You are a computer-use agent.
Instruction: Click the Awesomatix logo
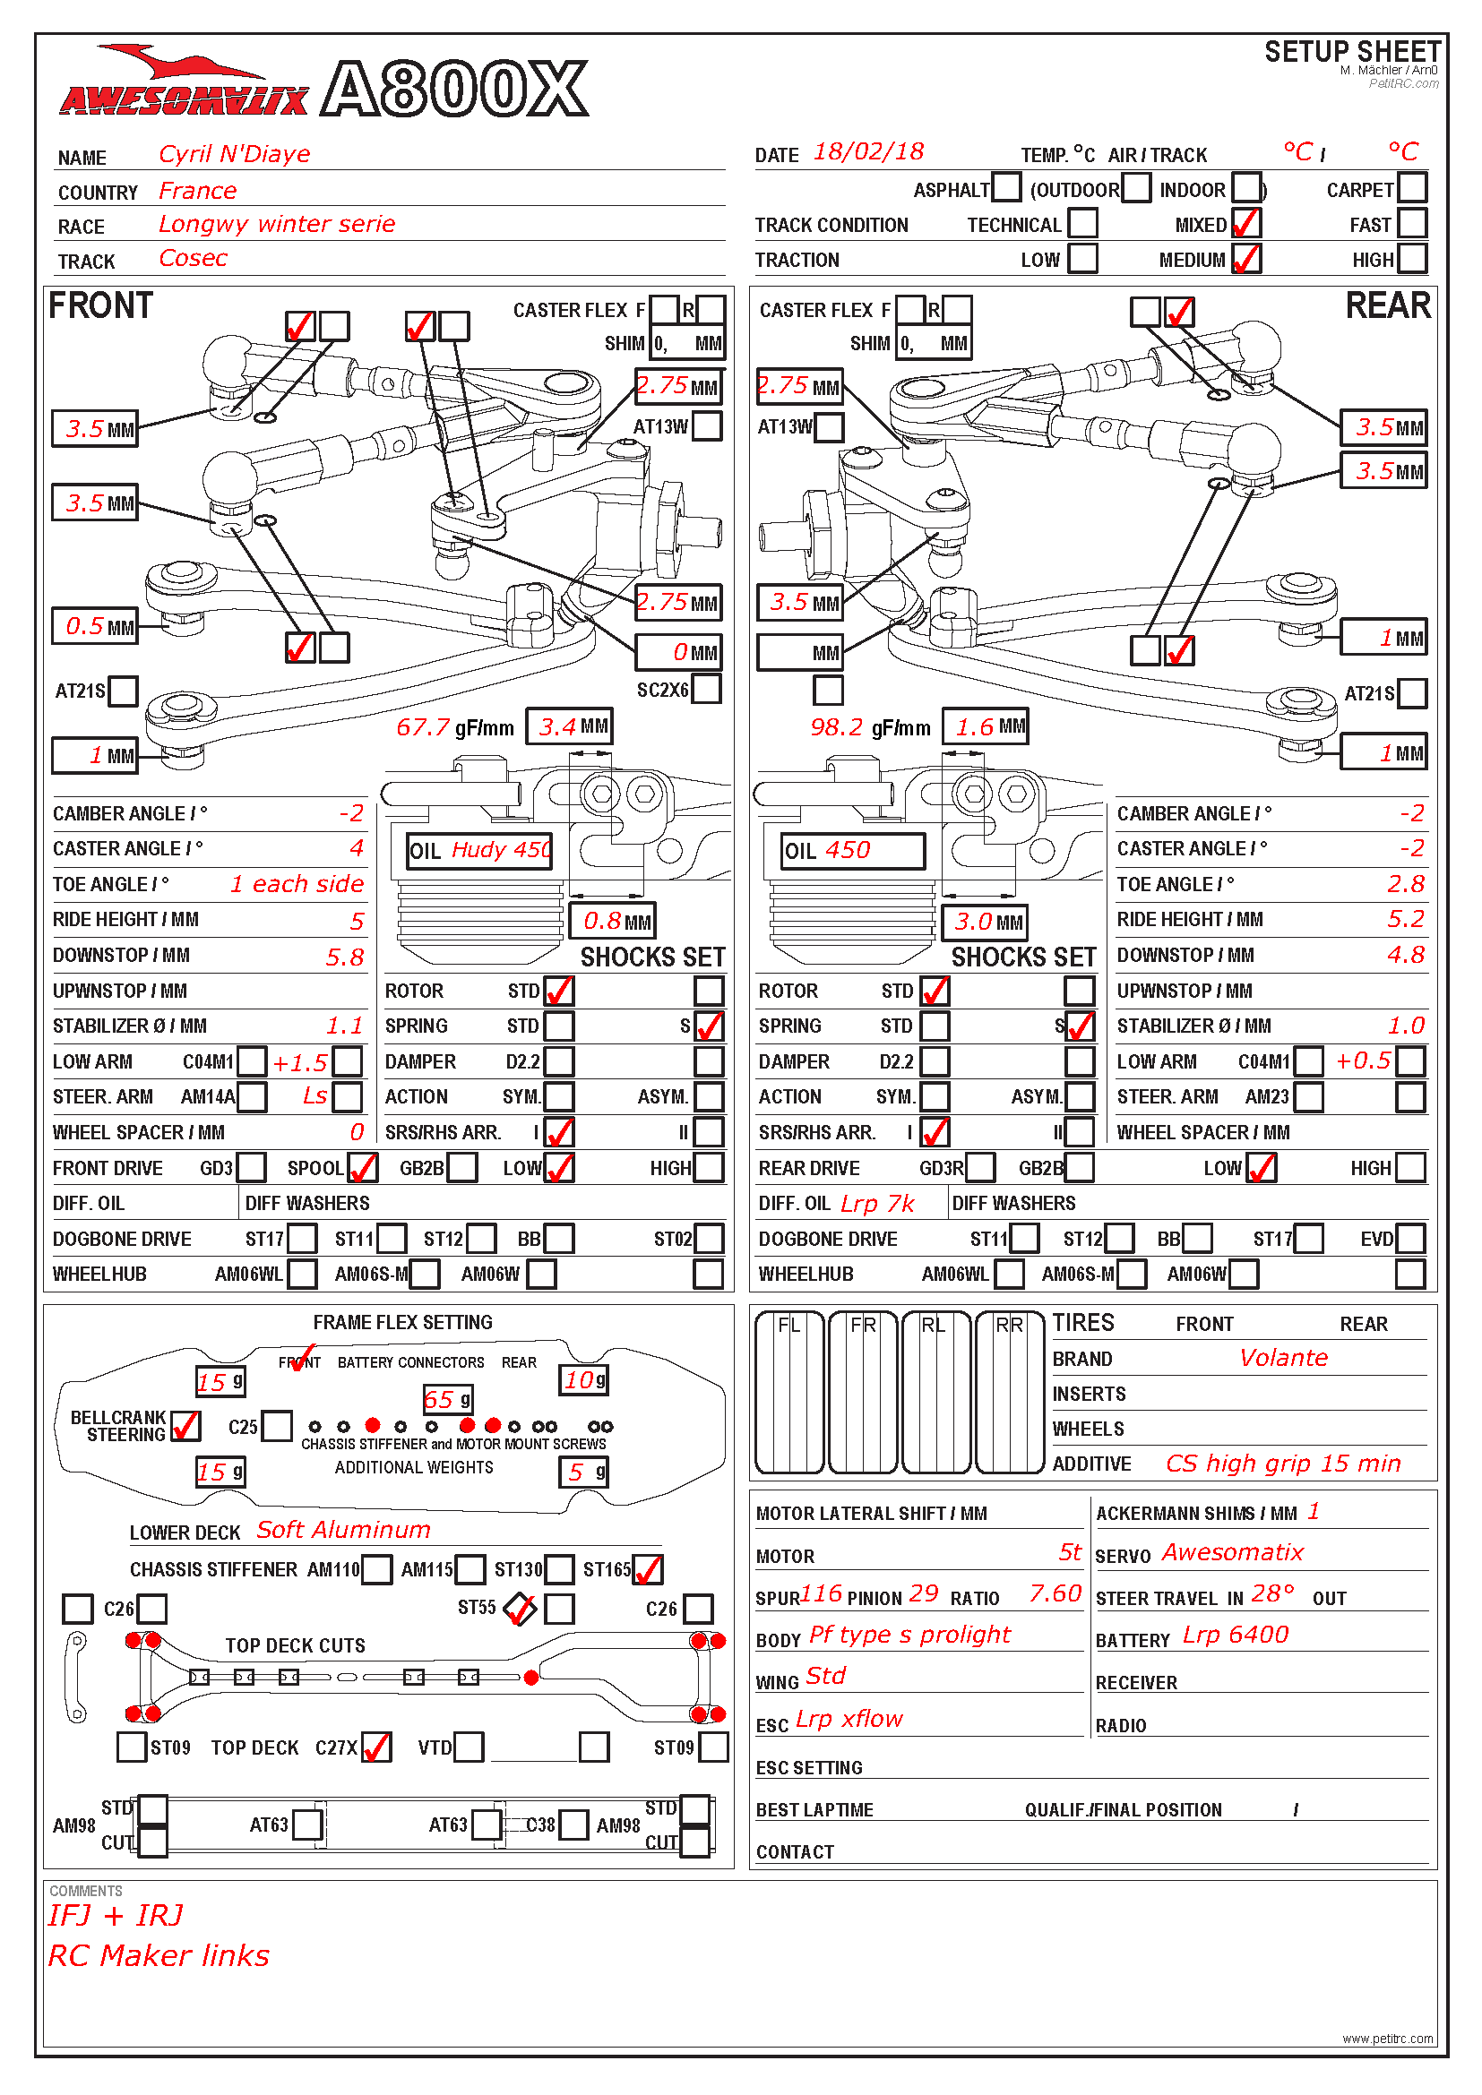183,87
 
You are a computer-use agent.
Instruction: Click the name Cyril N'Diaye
235,154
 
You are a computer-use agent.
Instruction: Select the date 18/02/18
868,152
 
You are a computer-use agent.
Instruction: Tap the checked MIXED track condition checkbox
1245,224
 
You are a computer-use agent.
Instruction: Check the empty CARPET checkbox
1412,189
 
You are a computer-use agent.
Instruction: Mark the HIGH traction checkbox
1412,259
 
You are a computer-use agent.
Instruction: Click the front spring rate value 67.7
424,727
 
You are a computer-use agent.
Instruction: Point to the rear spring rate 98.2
836,727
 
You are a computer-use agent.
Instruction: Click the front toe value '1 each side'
297,884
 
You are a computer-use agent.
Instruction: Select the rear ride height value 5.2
1405,919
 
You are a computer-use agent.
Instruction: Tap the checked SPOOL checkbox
362,1168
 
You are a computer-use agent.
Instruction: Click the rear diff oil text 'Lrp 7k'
877,1204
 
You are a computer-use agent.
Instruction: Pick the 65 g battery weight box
447,1400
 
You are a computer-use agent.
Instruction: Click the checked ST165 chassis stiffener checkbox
648,1569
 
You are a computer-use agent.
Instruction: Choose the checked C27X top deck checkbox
376,1747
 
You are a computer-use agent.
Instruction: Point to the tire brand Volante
1283,1358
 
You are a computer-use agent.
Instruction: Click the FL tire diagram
789,1393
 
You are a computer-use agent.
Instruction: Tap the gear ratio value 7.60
1055,1594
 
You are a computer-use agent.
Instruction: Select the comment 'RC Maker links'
159,1955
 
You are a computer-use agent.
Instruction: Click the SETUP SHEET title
1352,52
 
